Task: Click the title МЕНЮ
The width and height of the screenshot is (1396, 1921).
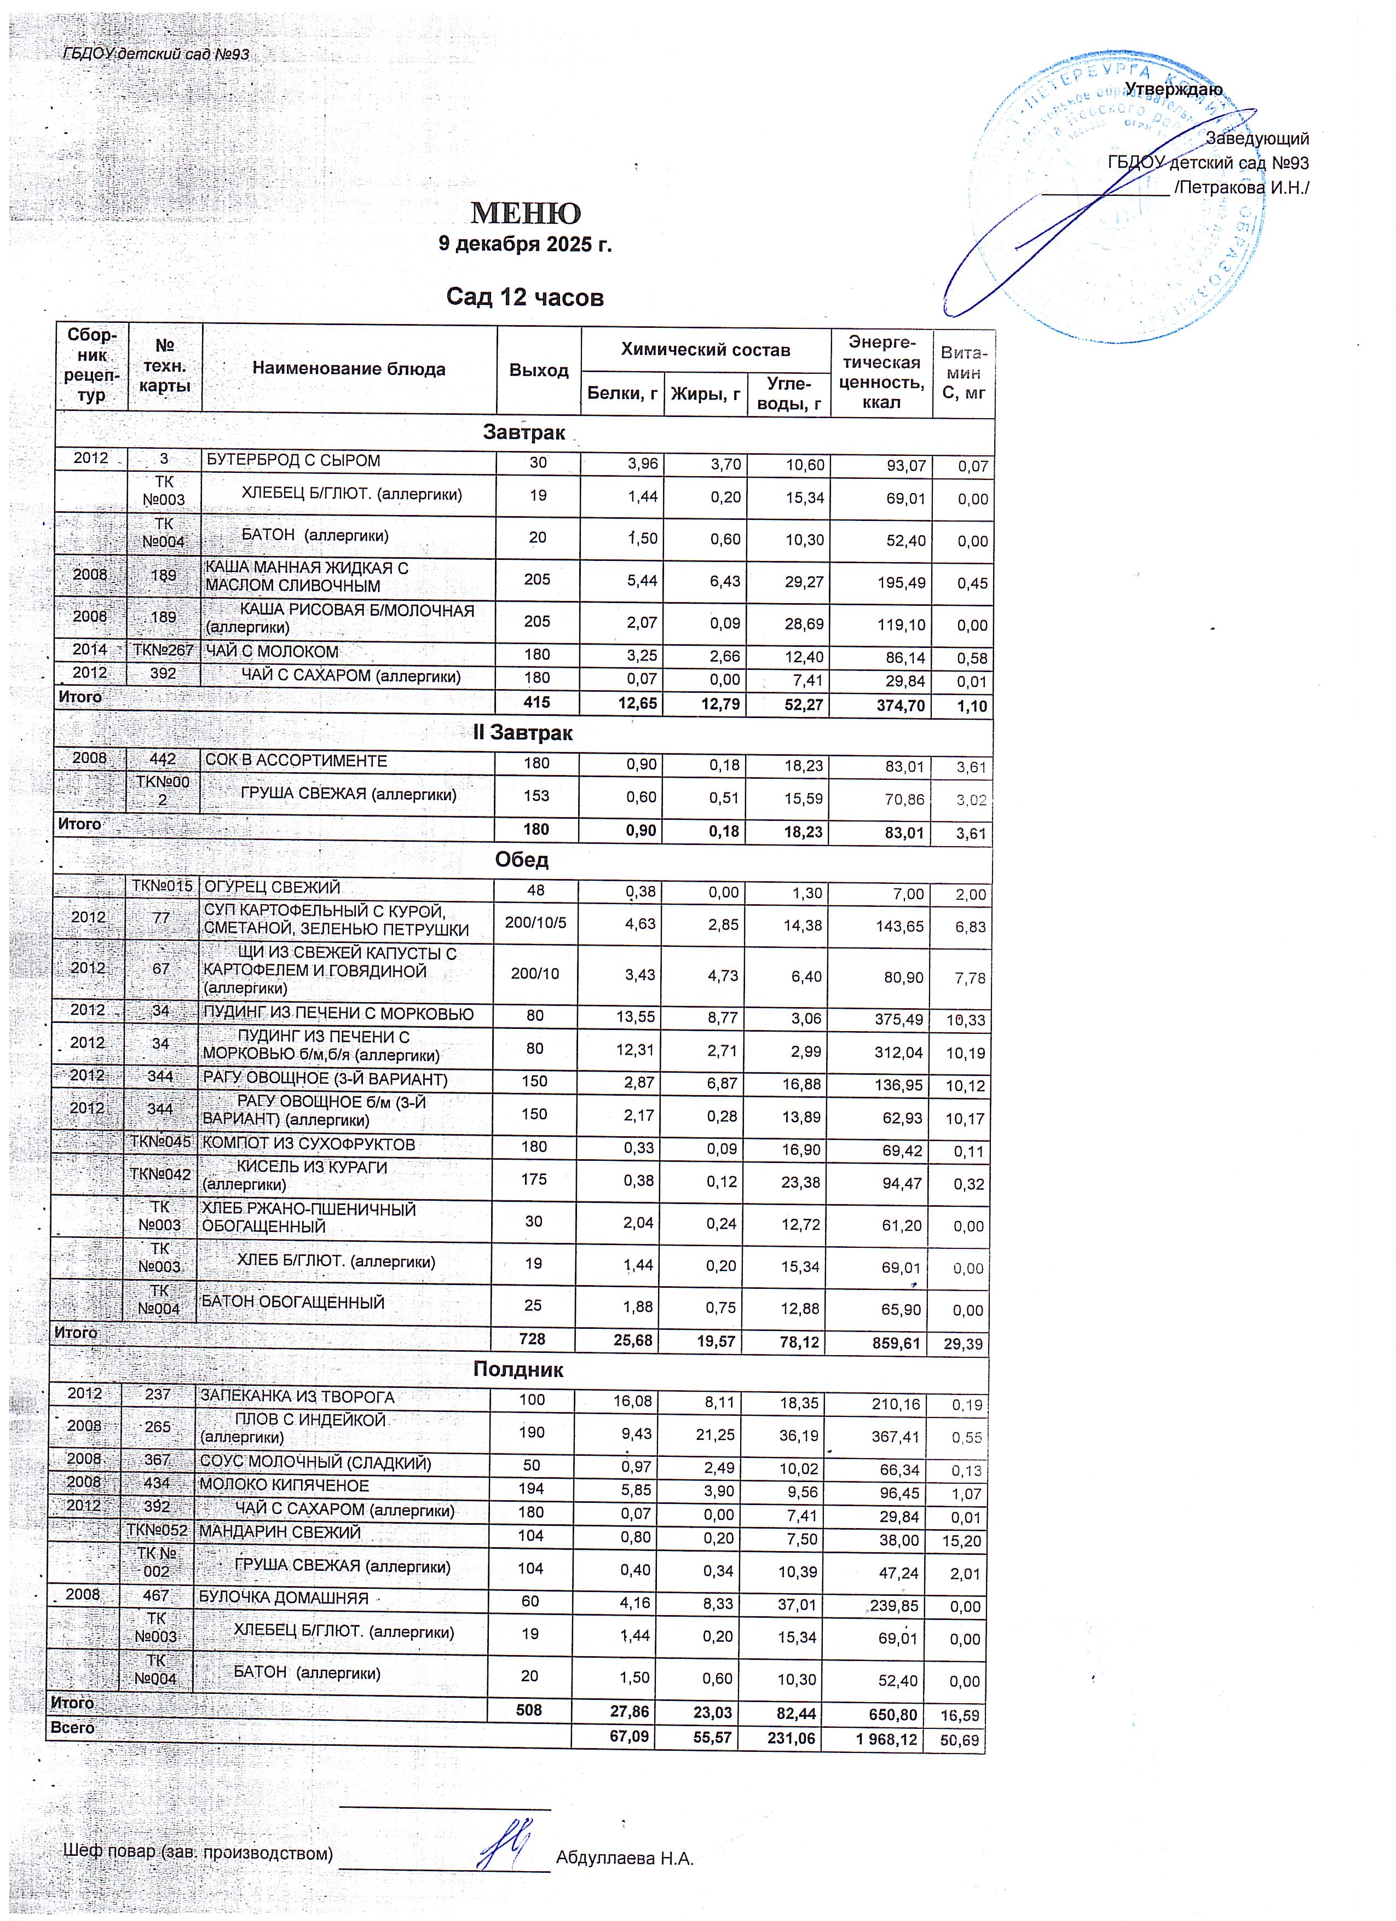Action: pyautogui.click(x=525, y=212)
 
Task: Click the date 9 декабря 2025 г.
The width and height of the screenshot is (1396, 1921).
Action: pyautogui.click(x=524, y=245)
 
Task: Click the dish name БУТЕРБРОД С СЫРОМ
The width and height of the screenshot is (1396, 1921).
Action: pyautogui.click(x=293, y=461)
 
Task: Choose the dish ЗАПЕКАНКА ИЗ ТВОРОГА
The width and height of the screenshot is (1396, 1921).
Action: pyautogui.click(x=297, y=1397)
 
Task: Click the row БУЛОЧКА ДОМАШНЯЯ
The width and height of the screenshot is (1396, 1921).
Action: pyautogui.click(x=284, y=1598)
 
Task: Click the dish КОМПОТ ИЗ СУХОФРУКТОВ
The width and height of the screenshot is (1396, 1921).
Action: pyautogui.click(x=308, y=1144)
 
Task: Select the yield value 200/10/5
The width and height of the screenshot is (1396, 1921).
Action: pyautogui.click(x=535, y=922)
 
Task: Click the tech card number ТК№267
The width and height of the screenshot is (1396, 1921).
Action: pyautogui.click(x=163, y=651)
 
